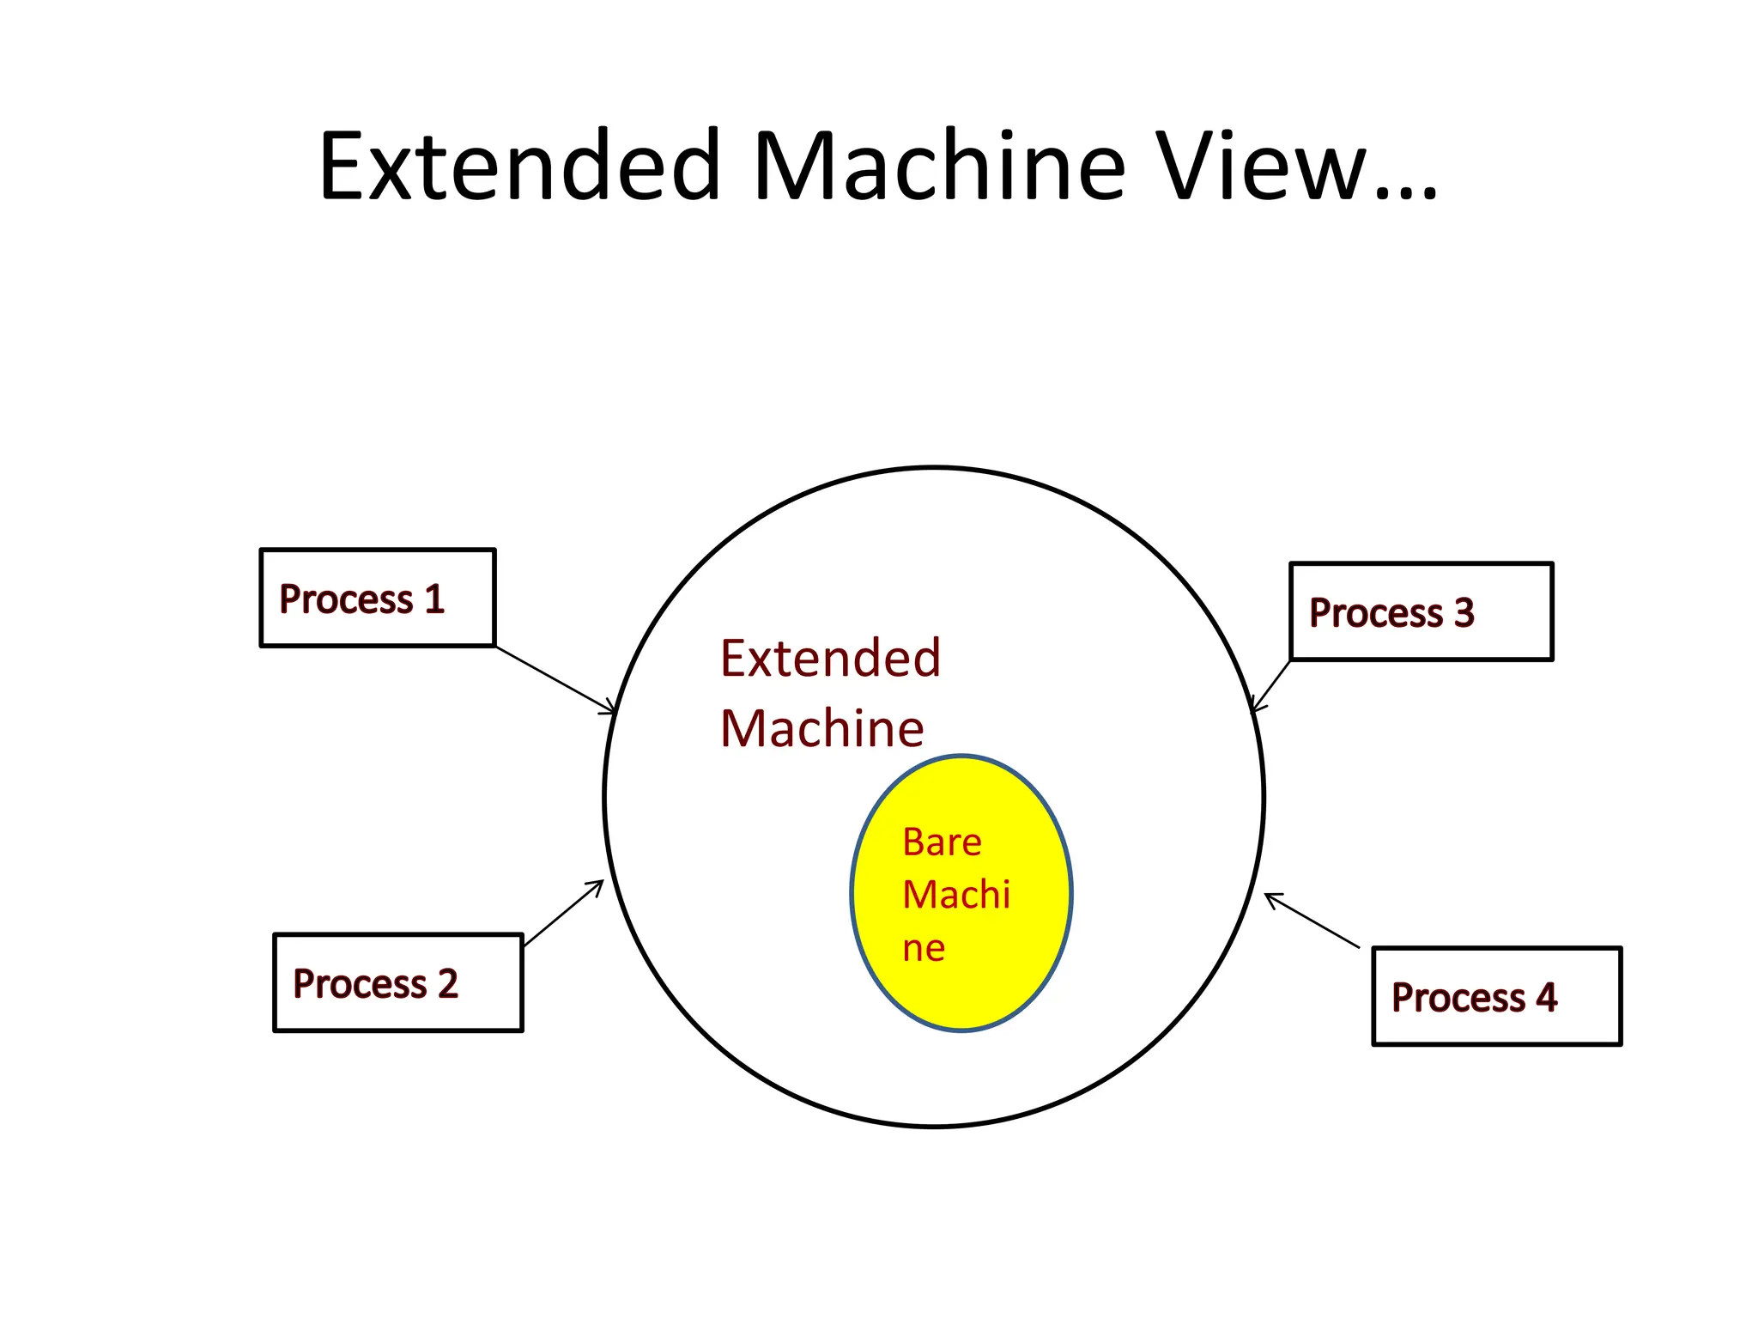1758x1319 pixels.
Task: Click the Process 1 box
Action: click(x=378, y=598)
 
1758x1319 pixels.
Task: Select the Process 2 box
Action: click(x=397, y=982)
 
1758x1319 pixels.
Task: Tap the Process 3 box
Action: click(x=1421, y=611)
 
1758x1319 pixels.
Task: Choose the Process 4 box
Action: click(x=1496, y=996)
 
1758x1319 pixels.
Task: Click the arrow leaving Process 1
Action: click(x=555, y=679)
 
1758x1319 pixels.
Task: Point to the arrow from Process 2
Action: click(x=563, y=913)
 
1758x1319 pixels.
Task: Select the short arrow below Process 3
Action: click(x=1271, y=686)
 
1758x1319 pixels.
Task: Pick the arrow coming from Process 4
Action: click(x=1312, y=920)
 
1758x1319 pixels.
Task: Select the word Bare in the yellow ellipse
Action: click(x=942, y=842)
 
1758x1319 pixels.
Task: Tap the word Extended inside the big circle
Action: click(x=830, y=659)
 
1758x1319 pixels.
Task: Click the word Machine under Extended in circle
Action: click(x=821, y=729)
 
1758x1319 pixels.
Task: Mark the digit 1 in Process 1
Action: click(x=434, y=599)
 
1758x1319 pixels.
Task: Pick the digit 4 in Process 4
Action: click(x=1546, y=997)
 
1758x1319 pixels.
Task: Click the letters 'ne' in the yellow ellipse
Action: click(x=924, y=949)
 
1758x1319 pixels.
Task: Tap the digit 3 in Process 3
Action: click(x=1464, y=612)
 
